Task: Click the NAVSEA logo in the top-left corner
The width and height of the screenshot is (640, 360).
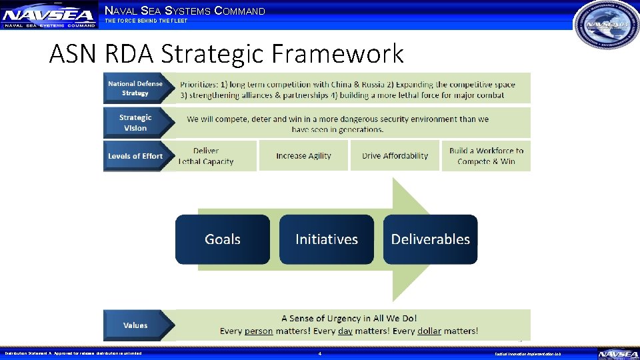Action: (x=49, y=15)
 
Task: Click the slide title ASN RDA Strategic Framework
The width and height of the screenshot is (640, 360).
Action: (x=226, y=53)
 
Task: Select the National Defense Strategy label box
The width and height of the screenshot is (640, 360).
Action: (x=135, y=88)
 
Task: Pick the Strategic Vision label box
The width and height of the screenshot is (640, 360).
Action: (x=135, y=123)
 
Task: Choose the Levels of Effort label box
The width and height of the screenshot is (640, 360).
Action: (x=135, y=156)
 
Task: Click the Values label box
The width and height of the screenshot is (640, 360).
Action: (x=135, y=325)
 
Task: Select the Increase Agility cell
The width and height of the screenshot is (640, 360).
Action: (x=303, y=156)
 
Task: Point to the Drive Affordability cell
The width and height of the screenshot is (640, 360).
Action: (x=395, y=156)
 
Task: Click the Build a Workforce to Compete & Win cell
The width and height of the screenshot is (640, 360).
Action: (x=486, y=156)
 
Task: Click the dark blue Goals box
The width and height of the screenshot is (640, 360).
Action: (x=223, y=239)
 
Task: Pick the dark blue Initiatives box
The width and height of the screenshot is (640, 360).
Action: (x=327, y=239)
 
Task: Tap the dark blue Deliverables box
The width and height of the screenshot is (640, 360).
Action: (x=431, y=239)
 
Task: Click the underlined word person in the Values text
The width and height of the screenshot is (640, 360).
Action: (x=259, y=331)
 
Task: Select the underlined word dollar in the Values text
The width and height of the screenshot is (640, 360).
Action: (x=429, y=331)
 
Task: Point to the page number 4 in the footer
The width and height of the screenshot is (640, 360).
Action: (x=320, y=353)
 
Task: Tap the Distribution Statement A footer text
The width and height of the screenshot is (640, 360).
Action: (x=73, y=353)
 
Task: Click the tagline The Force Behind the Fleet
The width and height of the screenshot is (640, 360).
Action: (x=147, y=21)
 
